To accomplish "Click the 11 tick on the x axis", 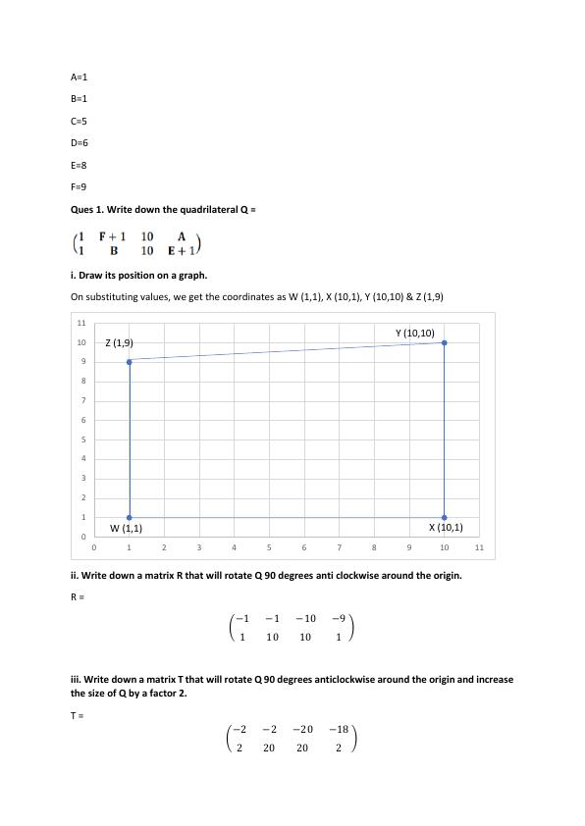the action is pos(479,547).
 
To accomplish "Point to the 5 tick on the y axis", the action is pos(82,439).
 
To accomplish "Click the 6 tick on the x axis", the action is pos(304,547).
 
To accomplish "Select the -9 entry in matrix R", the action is pos(338,618).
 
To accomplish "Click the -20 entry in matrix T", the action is pos(305,729).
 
